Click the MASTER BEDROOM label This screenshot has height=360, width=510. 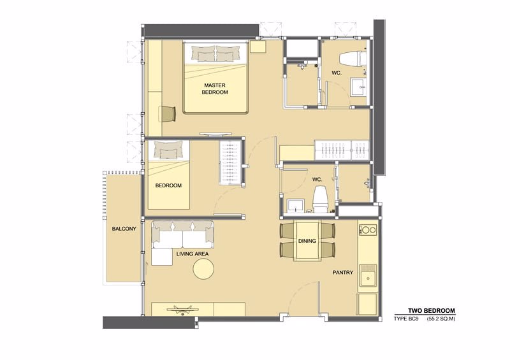(215, 89)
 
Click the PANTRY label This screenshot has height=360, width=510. (342, 272)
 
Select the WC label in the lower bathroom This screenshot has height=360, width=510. (317, 180)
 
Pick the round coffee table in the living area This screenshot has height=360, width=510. (204, 270)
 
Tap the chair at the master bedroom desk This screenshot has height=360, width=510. (167, 113)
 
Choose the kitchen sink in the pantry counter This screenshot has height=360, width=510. (367, 277)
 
